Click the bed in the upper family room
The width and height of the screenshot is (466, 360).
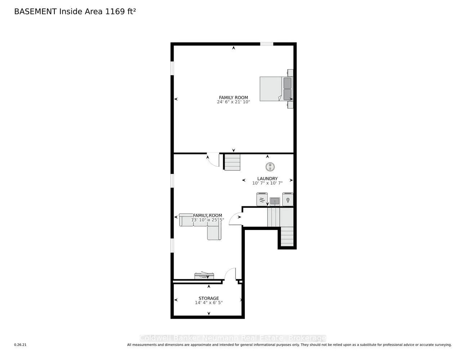[x=275, y=89]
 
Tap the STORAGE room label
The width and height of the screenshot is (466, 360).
[x=209, y=298]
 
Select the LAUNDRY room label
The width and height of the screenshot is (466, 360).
[x=267, y=179]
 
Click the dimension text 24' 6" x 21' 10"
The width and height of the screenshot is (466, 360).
[x=233, y=102]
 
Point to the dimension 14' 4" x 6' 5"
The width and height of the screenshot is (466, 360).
[x=209, y=303]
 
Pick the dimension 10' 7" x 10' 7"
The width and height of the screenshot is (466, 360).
[x=267, y=183]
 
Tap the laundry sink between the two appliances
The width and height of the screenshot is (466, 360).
[x=275, y=201]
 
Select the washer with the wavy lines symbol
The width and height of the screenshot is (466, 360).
[x=262, y=199]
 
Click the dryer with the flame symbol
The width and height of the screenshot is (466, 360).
[x=288, y=199]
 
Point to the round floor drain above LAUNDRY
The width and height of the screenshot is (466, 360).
[x=270, y=167]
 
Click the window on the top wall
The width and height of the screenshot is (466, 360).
[x=266, y=44]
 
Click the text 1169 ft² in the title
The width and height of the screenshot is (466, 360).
[x=120, y=12]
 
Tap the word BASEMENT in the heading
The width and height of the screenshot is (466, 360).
[x=35, y=12]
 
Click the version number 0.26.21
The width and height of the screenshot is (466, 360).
[x=20, y=345]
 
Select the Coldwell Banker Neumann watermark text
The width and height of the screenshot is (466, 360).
[x=233, y=338]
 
